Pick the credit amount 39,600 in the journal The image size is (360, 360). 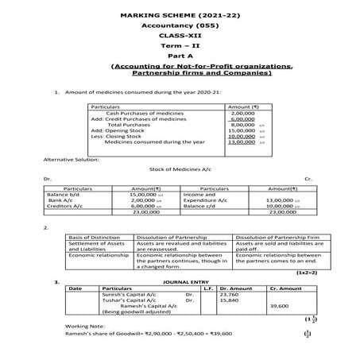[279, 305]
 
